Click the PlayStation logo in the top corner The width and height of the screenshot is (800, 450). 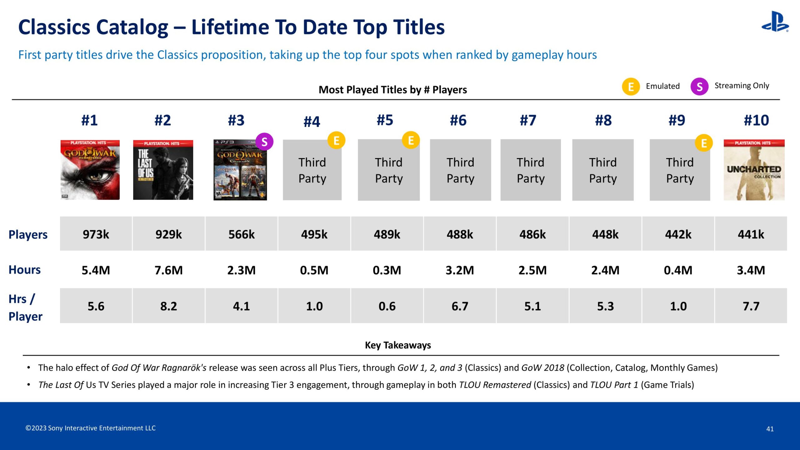tap(775, 22)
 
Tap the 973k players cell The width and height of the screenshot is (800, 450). tap(96, 234)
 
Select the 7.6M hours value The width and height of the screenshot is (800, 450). tap(169, 270)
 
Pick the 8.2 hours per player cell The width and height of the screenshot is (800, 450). tap(169, 306)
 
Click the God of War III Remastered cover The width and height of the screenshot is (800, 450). tap(90, 170)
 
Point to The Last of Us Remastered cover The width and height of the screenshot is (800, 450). tap(163, 170)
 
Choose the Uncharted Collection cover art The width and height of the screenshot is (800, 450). tap(754, 170)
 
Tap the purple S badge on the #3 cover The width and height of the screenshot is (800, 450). tap(264, 142)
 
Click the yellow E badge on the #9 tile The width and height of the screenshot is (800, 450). tap(704, 143)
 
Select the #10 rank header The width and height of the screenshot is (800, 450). tap(756, 120)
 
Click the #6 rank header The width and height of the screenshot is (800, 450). tap(458, 120)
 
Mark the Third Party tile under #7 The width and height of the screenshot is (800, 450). tap(530, 170)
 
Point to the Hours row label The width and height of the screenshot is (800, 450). tap(25, 270)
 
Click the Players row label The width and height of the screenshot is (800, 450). tap(28, 235)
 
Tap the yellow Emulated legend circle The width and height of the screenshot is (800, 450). tap(631, 87)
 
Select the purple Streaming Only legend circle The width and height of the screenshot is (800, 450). tap(699, 87)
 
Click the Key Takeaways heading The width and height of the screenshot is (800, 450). tap(398, 345)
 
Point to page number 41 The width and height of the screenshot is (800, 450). tap(770, 429)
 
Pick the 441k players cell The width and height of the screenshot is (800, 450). tap(751, 234)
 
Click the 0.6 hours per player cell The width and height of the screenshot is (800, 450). tap(387, 306)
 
